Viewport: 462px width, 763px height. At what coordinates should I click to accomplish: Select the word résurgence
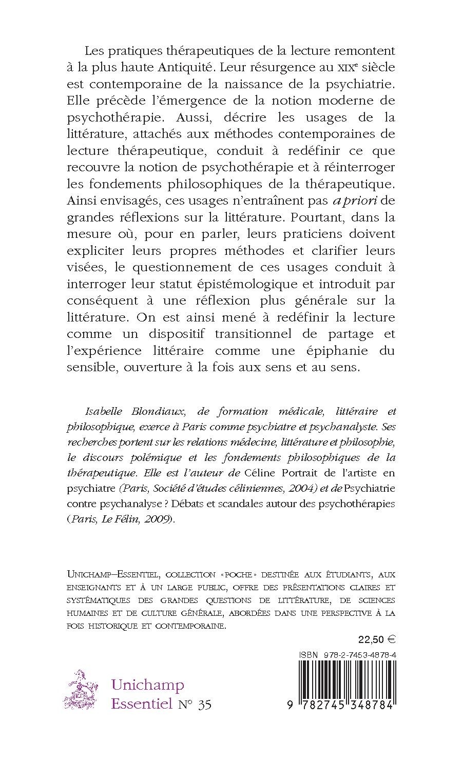265,67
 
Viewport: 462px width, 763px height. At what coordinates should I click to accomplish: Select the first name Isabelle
104,411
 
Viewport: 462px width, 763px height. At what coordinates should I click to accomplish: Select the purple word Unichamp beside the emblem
148,685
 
